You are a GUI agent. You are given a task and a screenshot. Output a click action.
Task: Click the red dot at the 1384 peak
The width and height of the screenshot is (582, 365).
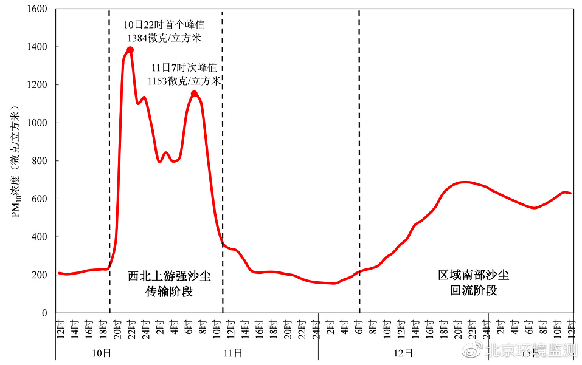click(130, 50)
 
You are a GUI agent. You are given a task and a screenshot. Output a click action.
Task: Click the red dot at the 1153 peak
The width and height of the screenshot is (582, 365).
click(194, 94)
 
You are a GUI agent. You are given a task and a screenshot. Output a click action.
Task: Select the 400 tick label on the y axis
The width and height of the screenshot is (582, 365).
click(40, 237)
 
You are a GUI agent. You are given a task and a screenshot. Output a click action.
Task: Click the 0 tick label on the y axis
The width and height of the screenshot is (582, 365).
click(44, 313)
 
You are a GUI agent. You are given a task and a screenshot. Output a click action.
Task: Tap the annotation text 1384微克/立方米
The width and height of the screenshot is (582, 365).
click(164, 38)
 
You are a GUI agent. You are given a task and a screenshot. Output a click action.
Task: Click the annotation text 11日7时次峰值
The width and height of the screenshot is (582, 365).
click(184, 68)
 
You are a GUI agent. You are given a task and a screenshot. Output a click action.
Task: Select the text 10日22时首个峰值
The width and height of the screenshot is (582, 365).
click(164, 26)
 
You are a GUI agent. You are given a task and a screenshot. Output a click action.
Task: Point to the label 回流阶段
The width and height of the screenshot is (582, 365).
click(474, 290)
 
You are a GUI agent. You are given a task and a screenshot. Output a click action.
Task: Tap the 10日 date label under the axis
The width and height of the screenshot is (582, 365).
click(102, 352)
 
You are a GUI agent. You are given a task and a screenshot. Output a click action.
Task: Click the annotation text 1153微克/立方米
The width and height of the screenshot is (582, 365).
click(184, 81)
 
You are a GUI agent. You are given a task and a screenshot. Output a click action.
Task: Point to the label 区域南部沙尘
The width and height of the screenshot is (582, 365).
click(474, 275)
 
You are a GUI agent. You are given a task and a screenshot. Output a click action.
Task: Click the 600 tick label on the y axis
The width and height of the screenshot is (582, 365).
click(40, 199)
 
